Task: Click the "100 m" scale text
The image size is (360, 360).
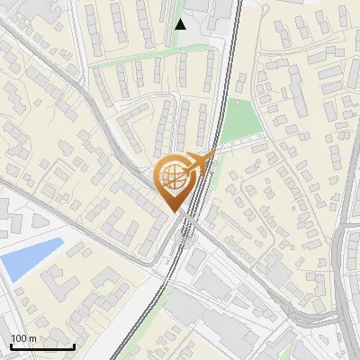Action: click(x=22, y=338)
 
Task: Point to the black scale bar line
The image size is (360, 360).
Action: click(x=42, y=346)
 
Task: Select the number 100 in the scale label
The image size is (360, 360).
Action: click(x=19, y=338)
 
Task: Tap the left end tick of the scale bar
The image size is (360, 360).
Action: click(x=11, y=345)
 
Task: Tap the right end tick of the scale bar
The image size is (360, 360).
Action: click(x=74, y=345)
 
